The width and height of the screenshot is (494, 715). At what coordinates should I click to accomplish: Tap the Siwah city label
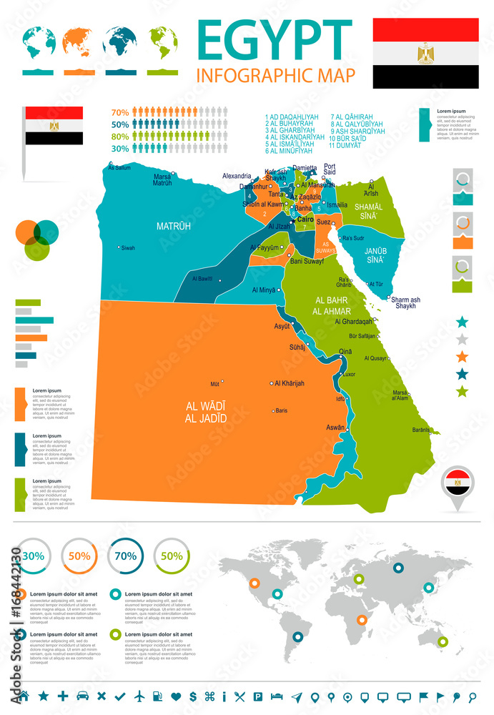[128, 248]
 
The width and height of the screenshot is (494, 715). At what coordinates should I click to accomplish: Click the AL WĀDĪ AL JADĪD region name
[206, 412]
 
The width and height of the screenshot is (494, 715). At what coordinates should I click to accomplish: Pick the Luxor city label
[349, 374]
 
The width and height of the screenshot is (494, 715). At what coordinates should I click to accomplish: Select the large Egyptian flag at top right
[425, 53]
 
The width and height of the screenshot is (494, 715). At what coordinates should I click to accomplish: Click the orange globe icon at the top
[79, 42]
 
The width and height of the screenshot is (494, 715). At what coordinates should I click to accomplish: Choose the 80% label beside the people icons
[119, 136]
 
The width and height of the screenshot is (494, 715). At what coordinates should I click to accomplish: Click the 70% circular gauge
[126, 556]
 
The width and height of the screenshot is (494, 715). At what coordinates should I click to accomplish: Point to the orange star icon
[463, 356]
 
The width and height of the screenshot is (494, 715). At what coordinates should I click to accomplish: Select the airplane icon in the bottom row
[139, 696]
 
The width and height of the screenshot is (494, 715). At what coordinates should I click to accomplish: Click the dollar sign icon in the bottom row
[192, 696]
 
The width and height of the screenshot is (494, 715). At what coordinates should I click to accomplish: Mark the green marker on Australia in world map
[443, 642]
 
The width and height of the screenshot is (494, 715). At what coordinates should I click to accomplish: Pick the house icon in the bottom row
[24, 696]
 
